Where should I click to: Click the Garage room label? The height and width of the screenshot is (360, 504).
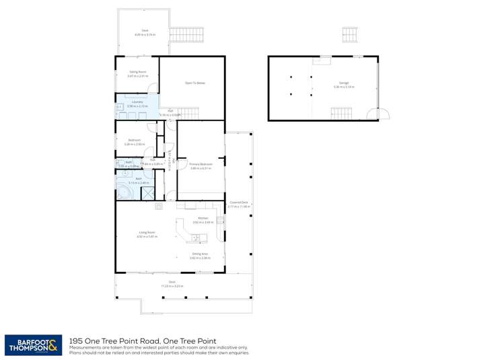(x=344, y=84)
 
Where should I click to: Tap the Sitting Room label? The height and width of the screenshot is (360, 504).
(x=138, y=72)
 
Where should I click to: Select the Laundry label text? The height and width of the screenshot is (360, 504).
(x=137, y=103)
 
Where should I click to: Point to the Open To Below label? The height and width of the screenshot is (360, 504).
(x=194, y=83)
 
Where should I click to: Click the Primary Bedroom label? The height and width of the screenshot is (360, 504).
(x=201, y=164)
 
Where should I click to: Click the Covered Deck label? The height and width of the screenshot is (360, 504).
(x=238, y=203)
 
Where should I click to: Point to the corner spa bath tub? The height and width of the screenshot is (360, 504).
(x=125, y=191)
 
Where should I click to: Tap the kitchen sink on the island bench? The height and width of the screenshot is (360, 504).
(x=196, y=237)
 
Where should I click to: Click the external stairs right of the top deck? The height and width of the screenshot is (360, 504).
(x=180, y=34)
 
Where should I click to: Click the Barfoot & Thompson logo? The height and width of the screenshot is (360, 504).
(x=34, y=344)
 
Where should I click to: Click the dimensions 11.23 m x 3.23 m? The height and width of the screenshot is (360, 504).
(x=172, y=286)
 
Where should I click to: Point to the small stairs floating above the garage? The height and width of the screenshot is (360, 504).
(x=349, y=33)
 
